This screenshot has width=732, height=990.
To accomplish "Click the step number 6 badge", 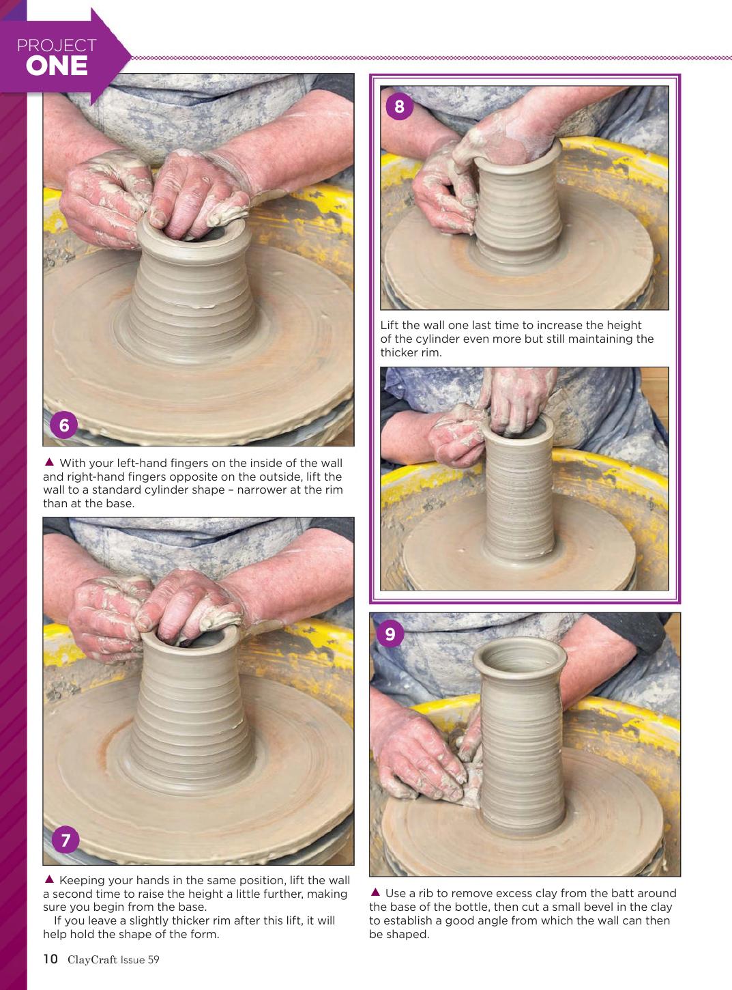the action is (64, 425).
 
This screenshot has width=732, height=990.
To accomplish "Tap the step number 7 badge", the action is (65, 840).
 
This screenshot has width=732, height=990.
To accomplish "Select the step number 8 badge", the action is (399, 107).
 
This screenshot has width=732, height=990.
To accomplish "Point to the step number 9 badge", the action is (390, 634).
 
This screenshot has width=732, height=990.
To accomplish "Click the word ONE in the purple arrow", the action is (57, 66).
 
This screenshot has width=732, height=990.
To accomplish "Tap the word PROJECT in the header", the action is (57, 46).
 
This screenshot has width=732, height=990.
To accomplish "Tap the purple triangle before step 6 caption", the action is (49, 462).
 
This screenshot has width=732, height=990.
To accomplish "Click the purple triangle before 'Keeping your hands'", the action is (49, 879).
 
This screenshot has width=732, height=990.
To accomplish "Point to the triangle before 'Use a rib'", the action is (375, 892).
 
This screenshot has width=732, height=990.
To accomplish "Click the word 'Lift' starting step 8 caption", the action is (390, 325).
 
